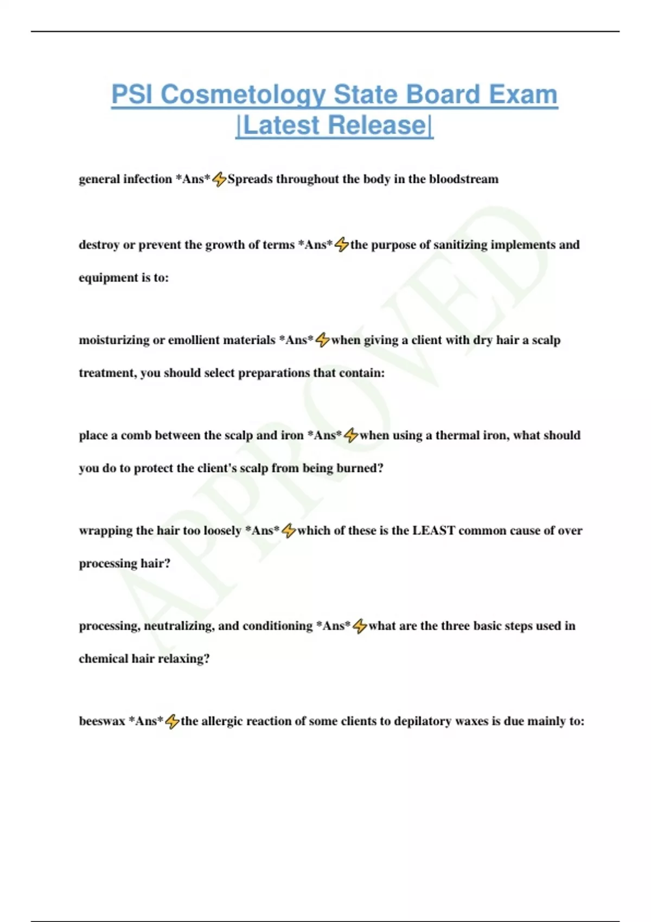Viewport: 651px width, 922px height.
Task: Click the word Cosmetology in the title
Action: pyautogui.click(x=242, y=94)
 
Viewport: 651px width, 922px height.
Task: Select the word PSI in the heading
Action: pyautogui.click(x=132, y=94)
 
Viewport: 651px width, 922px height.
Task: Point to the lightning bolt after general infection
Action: pyautogui.click(x=219, y=179)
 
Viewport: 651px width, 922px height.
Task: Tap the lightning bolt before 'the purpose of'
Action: pyautogui.click(x=342, y=245)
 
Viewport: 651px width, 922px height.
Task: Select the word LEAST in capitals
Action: pyautogui.click(x=433, y=530)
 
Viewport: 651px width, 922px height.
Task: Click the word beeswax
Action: pyautogui.click(x=102, y=721)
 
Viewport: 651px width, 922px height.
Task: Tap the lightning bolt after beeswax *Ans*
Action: pyautogui.click(x=172, y=721)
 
